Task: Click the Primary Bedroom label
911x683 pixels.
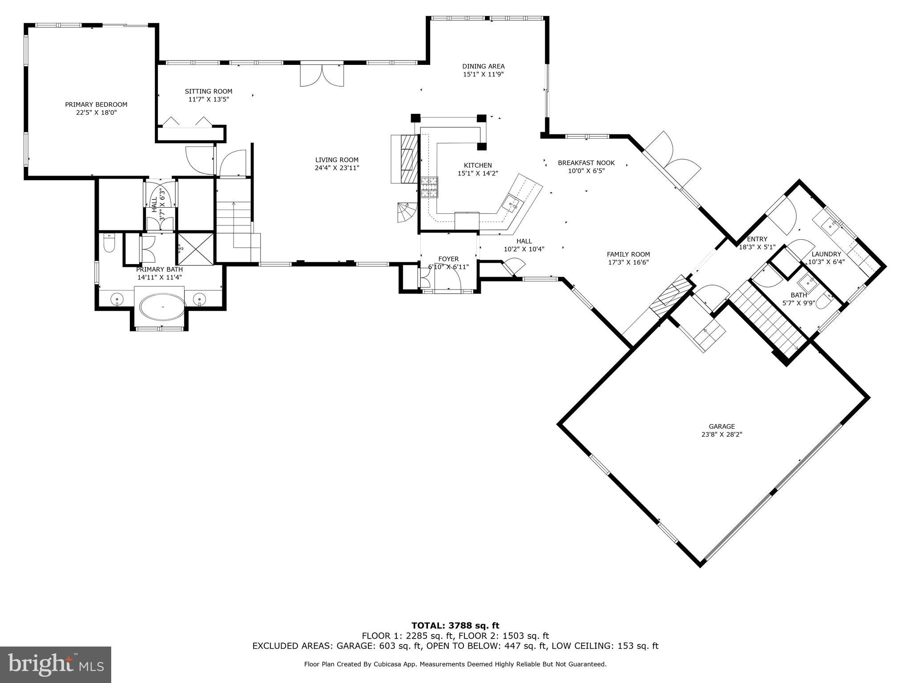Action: (x=96, y=104)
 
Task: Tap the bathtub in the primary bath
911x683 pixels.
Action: (x=163, y=306)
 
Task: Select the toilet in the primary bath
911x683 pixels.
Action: (x=109, y=244)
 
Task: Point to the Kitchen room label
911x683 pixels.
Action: (x=478, y=165)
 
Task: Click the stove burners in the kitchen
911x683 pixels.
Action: (x=429, y=187)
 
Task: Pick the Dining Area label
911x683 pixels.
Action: (x=483, y=67)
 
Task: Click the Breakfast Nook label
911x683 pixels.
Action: (x=586, y=163)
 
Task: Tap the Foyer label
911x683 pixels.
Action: (x=448, y=259)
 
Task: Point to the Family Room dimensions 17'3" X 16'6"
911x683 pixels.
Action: (x=628, y=262)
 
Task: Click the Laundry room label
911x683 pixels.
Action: (x=826, y=254)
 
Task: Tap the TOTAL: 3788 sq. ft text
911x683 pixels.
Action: (x=455, y=626)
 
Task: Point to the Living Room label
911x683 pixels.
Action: (x=337, y=160)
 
